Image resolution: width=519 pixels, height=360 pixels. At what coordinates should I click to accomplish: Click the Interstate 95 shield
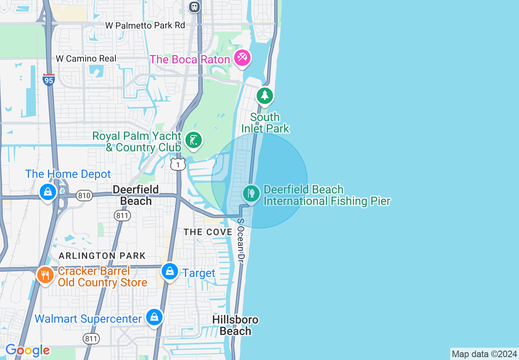click(48, 79)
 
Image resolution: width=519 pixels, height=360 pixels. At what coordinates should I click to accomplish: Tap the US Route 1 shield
click(178, 164)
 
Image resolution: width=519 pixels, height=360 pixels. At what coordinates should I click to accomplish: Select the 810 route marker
click(84, 196)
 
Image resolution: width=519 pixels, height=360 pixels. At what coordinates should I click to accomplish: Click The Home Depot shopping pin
click(48, 191)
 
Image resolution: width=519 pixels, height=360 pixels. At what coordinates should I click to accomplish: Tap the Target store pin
click(169, 271)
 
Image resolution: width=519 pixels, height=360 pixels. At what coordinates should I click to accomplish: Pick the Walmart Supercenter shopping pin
click(154, 317)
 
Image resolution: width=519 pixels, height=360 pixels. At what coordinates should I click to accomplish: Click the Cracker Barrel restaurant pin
click(45, 275)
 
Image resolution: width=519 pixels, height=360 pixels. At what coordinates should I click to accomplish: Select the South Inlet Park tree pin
click(265, 95)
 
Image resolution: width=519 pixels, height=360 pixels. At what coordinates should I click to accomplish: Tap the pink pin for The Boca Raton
click(242, 58)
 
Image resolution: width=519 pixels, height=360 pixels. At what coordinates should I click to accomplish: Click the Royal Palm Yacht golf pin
click(193, 140)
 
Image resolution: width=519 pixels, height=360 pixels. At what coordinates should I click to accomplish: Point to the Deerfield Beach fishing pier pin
click(251, 193)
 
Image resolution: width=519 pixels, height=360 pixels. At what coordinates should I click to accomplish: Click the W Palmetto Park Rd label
click(145, 25)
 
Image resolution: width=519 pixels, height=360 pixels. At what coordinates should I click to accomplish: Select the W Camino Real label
click(86, 59)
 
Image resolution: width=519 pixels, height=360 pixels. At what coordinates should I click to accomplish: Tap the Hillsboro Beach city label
click(235, 325)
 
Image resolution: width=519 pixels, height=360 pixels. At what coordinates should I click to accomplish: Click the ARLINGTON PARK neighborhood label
click(102, 256)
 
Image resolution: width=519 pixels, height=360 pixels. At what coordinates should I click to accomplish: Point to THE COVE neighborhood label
click(208, 232)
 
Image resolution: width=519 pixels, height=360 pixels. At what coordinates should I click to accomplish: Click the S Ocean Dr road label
click(241, 241)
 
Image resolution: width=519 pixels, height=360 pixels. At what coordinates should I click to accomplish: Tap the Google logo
click(27, 351)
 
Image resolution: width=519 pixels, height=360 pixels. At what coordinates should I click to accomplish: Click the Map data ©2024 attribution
click(484, 354)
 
